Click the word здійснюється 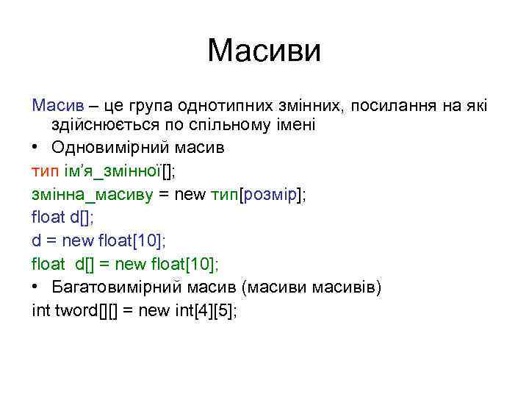point(108,126)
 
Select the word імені point(295,126)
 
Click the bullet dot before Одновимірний point(36,147)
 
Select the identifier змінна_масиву point(91,194)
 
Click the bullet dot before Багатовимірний point(36,286)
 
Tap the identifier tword point(75,310)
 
